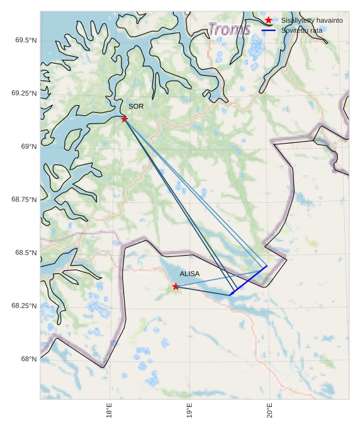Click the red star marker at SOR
[x=125, y=118]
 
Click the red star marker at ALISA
[x=176, y=287]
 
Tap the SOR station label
[x=136, y=106]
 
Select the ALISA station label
[x=189, y=274]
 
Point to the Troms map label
[x=229, y=29]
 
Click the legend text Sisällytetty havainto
[x=312, y=20]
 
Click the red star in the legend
[x=269, y=20]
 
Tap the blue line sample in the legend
[x=269, y=30]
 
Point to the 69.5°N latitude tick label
[x=25, y=40]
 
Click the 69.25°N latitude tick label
[x=24, y=93]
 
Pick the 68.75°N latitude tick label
[x=24, y=199]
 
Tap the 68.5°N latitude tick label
[x=25, y=253]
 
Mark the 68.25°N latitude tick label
[x=24, y=306]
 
